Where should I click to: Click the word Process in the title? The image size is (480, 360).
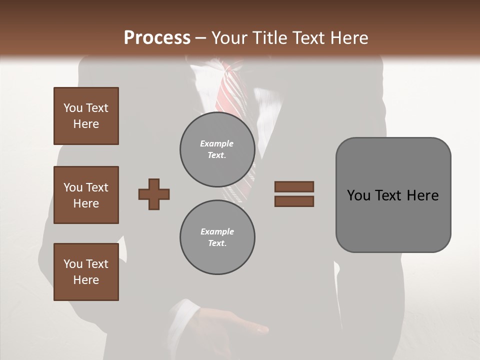coord(157,38)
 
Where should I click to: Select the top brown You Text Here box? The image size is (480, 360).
coord(86,116)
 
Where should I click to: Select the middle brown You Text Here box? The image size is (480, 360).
coord(86,195)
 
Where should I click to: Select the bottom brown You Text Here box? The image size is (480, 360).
coord(86,272)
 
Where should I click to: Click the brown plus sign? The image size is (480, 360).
coord(154,194)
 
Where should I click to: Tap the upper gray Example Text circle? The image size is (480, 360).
coord(217,149)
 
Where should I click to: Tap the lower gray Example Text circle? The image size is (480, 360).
coord(217,237)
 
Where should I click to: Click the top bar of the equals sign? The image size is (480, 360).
coord(294,186)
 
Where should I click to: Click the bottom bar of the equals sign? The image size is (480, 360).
coord(294,201)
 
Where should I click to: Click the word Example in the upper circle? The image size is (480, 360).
coord(217,143)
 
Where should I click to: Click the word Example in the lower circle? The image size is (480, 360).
coord(217,231)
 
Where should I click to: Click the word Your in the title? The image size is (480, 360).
coord(227,38)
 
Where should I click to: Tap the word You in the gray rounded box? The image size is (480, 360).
coord(359,195)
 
